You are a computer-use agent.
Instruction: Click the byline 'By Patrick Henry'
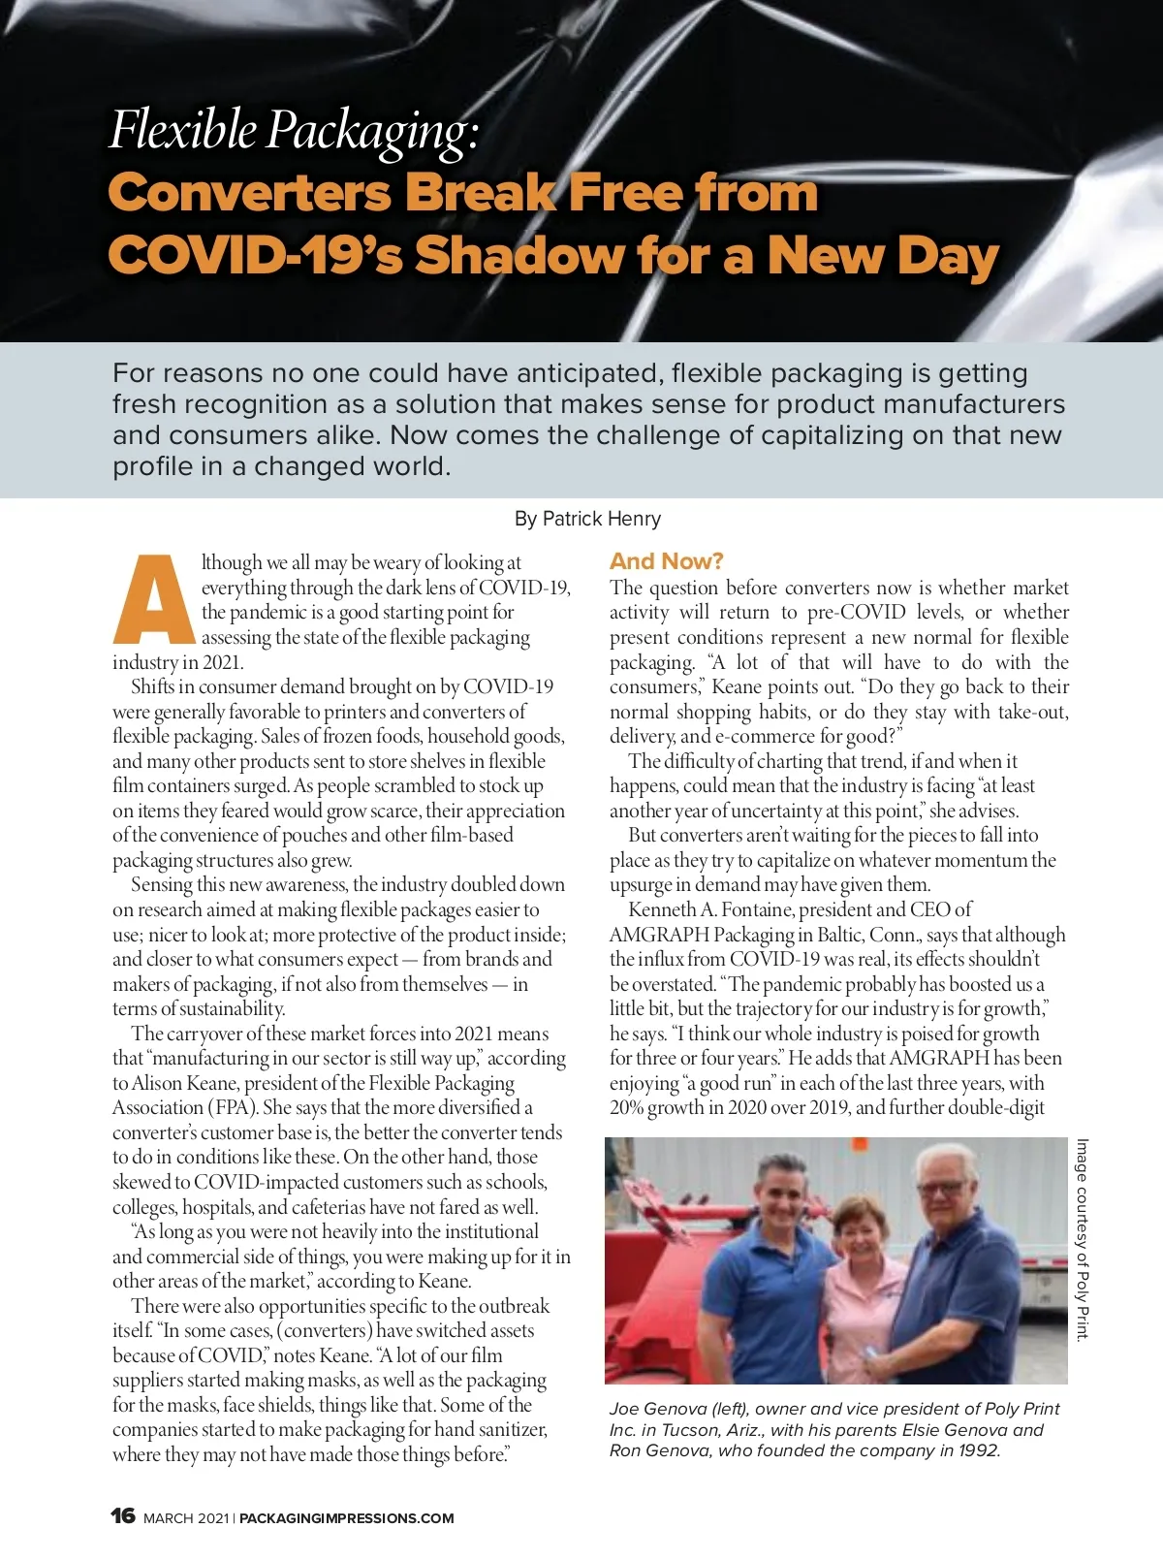pos(587,519)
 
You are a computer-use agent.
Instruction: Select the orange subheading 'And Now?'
pos(666,561)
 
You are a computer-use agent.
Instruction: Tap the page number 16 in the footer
pos(123,1515)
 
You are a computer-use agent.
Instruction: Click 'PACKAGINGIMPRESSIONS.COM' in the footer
pos(347,1518)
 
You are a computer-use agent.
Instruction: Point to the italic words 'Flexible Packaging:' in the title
pos(294,132)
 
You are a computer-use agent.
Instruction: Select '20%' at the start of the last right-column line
pos(626,1107)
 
